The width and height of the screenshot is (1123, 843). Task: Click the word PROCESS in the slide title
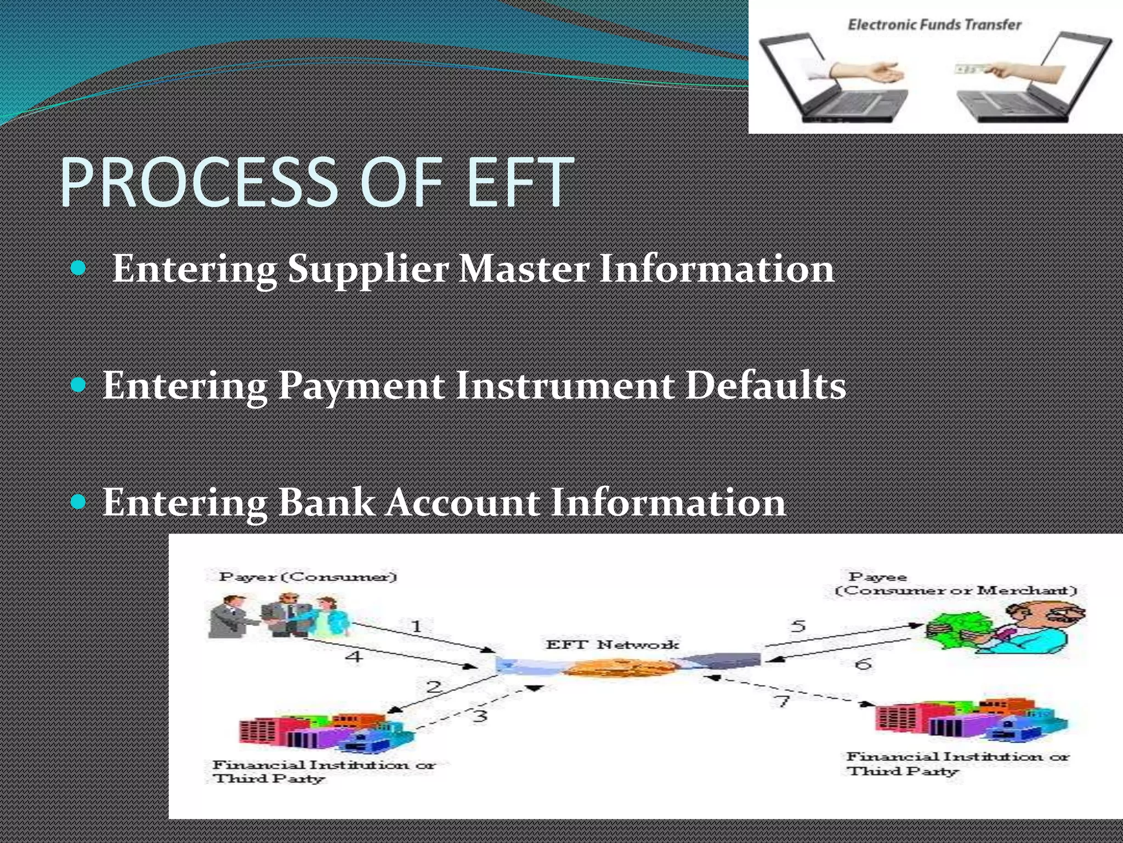pos(200,183)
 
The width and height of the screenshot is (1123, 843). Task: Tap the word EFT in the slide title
pos(520,183)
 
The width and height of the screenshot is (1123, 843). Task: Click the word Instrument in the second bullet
pos(565,386)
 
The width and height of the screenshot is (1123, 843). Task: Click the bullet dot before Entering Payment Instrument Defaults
pos(79,385)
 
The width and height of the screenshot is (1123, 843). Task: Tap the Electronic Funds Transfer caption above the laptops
pos(935,25)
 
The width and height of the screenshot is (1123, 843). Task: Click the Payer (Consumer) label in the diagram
pos(308,577)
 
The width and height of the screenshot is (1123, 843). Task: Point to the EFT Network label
pos(612,644)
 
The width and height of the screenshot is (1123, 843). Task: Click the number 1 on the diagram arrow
pos(416,626)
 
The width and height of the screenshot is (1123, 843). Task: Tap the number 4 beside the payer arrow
pos(355,656)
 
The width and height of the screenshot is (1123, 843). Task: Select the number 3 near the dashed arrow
pos(480,716)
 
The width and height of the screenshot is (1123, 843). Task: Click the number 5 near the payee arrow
pos(798,626)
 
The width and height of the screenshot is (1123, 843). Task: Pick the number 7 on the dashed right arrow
pos(782,701)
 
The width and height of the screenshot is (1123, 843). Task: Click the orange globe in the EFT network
pos(617,667)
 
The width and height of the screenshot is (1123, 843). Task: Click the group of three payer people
pos(279,616)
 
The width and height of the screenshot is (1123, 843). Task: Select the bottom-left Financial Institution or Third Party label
pos(324,771)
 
